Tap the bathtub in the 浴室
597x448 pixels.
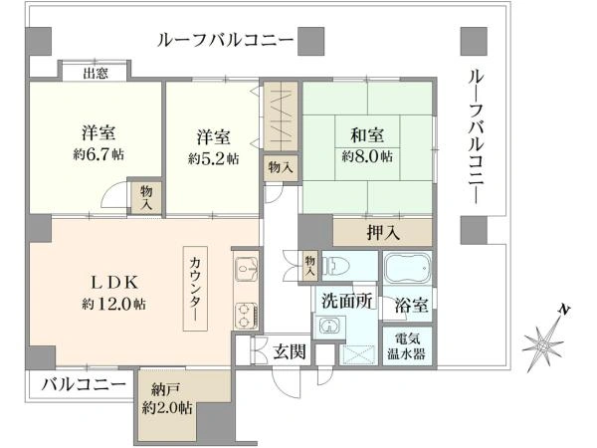[x=407, y=269]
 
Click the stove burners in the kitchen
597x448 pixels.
[x=247, y=315]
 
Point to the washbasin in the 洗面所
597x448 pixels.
[x=328, y=326]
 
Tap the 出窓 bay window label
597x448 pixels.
[x=96, y=73]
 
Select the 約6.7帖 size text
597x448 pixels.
[x=99, y=154]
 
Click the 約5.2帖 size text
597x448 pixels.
[x=214, y=158]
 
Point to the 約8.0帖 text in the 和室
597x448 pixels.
[x=367, y=156]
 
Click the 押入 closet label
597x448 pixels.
[x=383, y=232]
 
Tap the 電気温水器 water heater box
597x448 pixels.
[x=407, y=346]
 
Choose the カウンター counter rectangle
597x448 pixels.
[x=196, y=289]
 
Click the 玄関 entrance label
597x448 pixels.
[x=290, y=351]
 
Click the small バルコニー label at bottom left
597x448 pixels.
[x=84, y=384]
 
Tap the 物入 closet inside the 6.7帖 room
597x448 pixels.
[x=146, y=198]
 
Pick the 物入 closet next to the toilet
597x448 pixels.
[x=309, y=266]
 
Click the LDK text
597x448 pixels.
[x=113, y=283]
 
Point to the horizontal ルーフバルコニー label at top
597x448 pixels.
[x=226, y=40]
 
